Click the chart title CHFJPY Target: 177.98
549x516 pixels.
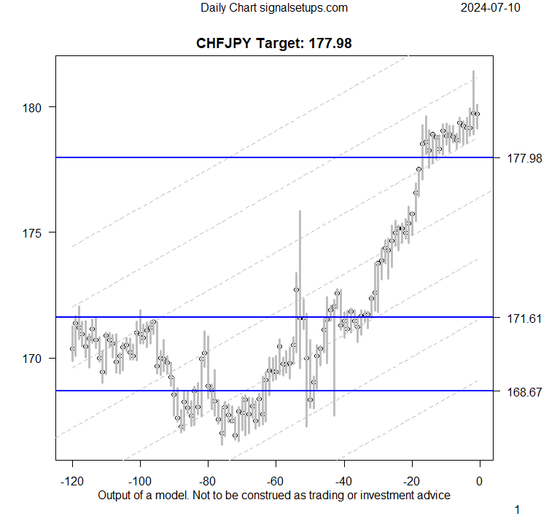tap(274, 43)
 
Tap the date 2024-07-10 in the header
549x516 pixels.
tap(490, 8)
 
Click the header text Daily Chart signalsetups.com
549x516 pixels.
tap(274, 8)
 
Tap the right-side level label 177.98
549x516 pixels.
tap(523, 158)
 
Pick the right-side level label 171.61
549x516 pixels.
tap(523, 318)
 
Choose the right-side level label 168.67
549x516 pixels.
tap(523, 392)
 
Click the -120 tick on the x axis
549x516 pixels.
tap(72, 480)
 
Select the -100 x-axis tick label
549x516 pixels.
tap(140, 480)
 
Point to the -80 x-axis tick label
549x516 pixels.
tap(208, 480)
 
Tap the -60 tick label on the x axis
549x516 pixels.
tap(276, 480)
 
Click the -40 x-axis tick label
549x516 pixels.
tap(343, 480)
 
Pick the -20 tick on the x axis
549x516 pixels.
tap(411, 480)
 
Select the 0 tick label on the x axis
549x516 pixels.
tap(480, 480)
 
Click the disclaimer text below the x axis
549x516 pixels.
tap(274, 495)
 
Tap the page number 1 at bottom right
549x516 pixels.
tap(518, 509)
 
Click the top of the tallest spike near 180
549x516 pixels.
tap(473, 71)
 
